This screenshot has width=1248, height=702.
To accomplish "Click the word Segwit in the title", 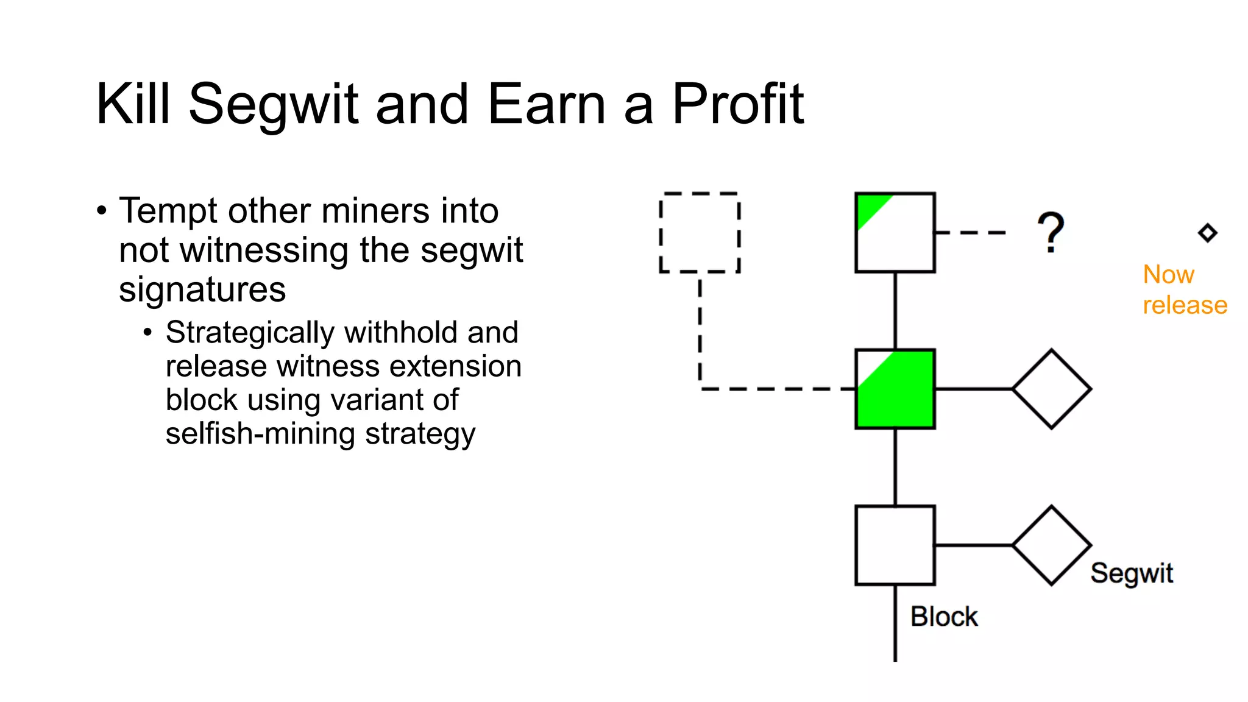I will [x=272, y=105].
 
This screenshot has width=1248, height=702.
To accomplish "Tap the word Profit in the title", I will [x=737, y=105].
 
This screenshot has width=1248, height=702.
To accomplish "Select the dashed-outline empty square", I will [x=700, y=232].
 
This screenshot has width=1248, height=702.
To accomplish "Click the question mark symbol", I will [x=1050, y=232].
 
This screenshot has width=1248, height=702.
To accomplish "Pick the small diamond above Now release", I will [x=1207, y=233].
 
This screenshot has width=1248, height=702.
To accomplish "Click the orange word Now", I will [x=1168, y=275].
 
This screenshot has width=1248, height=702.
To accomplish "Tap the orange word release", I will [x=1185, y=305].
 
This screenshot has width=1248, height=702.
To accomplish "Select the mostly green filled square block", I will [x=895, y=389].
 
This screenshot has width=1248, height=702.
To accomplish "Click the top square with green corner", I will [x=895, y=232].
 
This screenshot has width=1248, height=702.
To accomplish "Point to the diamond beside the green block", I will [x=1051, y=389].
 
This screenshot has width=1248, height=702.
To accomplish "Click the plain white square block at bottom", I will [x=895, y=545].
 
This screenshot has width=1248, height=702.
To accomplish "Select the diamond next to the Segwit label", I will [x=1051, y=545].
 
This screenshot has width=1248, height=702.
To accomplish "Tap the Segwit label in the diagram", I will [x=1132, y=573].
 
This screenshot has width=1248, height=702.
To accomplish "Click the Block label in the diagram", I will [x=944, y=617].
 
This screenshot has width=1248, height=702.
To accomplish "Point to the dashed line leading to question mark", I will [x=970, y=232].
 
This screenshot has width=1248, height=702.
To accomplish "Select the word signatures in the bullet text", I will [x=202, y=289].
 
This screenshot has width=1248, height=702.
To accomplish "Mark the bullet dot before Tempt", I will [x=102, y=211].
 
